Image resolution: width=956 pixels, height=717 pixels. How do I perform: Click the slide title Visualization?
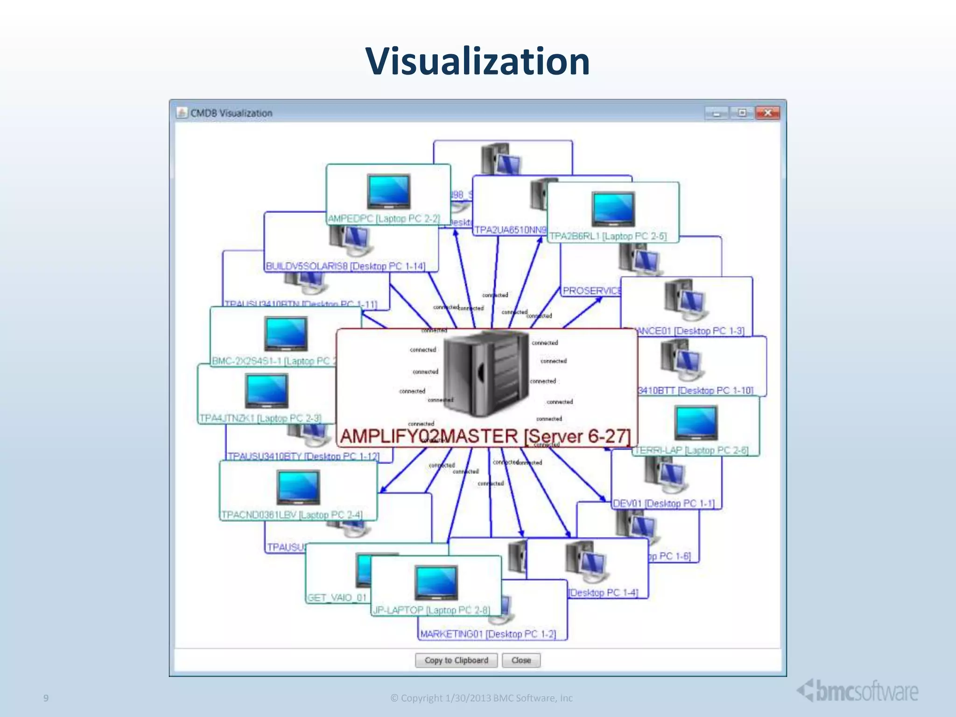click(478, 62)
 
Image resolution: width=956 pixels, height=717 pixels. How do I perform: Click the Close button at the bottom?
click(521, 660)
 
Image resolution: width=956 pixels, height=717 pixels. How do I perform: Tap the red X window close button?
click(767, 113)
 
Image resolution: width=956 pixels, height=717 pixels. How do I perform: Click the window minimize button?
click(716, 113)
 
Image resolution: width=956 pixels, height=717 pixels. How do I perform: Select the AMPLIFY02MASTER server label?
click(485, 436)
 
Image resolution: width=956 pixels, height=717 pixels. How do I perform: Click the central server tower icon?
click(485, 373)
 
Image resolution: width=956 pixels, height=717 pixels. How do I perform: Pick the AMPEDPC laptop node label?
click(384, 218)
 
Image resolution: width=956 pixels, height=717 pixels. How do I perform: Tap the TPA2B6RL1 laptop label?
click(608, 236)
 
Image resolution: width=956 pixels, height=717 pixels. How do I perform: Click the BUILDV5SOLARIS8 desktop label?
click(345, 266)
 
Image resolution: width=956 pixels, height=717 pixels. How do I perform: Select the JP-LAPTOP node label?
click(431, 610)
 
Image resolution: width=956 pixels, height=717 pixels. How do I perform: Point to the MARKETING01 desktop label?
click(488, 634)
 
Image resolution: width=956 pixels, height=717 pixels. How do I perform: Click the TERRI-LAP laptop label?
click(692, 450)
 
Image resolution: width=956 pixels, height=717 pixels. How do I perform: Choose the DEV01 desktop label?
click(663, 504)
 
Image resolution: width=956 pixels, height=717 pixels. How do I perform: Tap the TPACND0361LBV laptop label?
click(292, 515)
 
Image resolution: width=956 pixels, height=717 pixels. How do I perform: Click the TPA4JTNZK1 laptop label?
click(260, 418)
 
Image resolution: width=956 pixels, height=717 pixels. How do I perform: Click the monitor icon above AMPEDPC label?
click(388, 191)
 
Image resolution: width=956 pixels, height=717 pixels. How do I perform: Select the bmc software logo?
click(858, 691)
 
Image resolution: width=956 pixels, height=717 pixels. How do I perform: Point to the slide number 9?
click(46, 698)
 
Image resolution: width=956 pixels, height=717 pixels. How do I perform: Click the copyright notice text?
click(481, 698)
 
